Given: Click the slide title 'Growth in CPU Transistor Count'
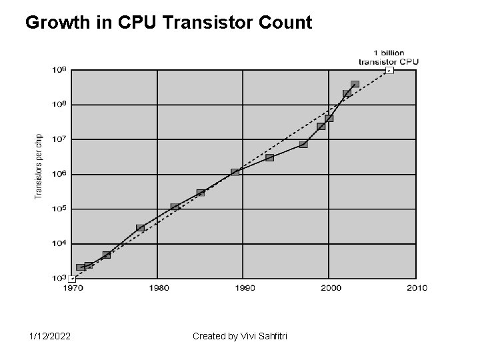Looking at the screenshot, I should [168, 23].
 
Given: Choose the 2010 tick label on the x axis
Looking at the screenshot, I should [416, 288].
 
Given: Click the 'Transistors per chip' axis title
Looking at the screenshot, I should [38, 167].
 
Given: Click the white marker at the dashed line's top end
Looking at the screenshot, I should [390, 70].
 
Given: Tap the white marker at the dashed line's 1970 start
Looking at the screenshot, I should [72, 279].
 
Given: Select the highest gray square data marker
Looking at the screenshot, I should [355, 85].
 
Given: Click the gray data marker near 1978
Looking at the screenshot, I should [140, 228].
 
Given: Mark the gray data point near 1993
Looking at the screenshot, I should [269, 157].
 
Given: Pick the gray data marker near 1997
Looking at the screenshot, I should [303, 144].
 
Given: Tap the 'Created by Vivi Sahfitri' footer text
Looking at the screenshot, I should [239, 336].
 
